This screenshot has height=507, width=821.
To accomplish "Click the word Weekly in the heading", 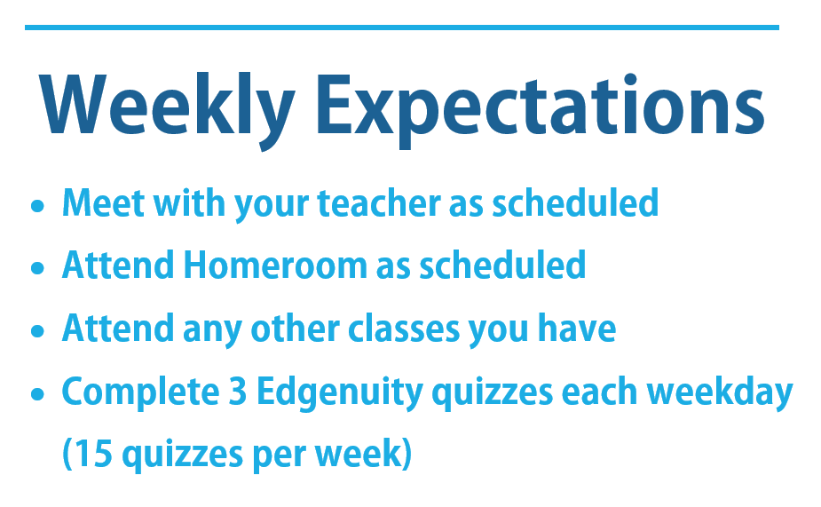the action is point(167,110).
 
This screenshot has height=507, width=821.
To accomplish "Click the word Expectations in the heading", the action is point(540,110).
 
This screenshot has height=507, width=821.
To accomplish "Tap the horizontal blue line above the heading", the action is point(401,28).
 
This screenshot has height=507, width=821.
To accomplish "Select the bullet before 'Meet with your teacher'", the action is point(37,205).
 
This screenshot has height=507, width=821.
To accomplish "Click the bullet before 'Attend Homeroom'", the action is point(37,268).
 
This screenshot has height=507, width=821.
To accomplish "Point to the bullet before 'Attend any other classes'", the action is point(37,331).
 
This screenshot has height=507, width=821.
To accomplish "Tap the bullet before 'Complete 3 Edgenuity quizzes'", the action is point(37,394).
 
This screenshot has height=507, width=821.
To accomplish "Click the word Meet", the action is point(104,202).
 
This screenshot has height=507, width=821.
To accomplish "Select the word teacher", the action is point(379,202).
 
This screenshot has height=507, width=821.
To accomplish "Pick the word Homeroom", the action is point(275,265).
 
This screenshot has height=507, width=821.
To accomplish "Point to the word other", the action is point(296,329).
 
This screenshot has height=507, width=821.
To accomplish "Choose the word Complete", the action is point(141,392).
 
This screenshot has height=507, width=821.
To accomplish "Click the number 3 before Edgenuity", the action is point(238,392).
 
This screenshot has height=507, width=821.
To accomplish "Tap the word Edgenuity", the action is point(340,392).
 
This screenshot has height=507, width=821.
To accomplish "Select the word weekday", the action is point(720,392).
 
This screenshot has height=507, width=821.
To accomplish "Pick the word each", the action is point(599,392).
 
